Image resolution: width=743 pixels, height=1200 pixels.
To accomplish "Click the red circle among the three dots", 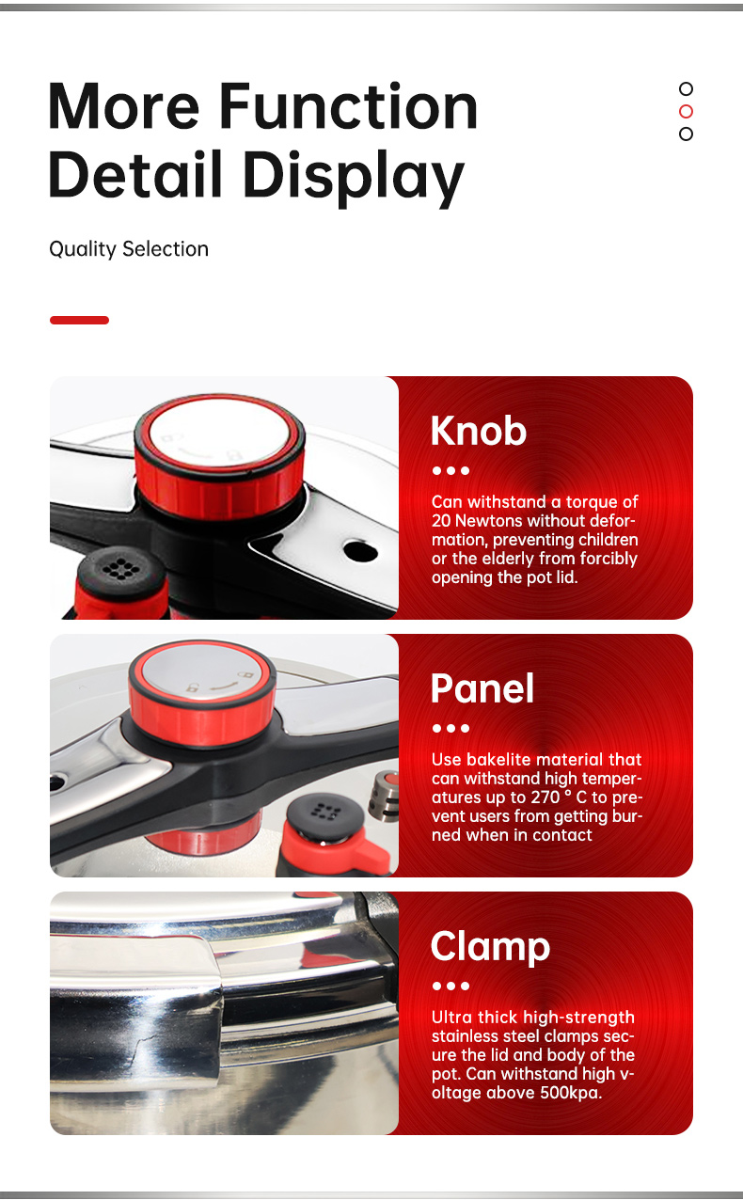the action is pyautogui.click(x=686, y=111).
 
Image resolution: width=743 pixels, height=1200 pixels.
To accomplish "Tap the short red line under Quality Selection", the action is pyautogui.click(x=79, y=321).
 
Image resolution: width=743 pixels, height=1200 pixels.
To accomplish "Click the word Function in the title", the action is pyautogui.click(x=348, y=106).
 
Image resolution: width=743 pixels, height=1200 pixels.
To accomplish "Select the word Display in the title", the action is pyautogui.click(x=354, y=176).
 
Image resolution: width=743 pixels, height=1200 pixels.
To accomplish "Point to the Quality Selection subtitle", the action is pyautogui.click(x=129, y=249).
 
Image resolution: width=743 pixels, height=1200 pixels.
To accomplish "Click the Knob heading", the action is pyautogui.click(x=479, y=431).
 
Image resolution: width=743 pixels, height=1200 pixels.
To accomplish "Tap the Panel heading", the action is pyautogui.click(x=482, y=688).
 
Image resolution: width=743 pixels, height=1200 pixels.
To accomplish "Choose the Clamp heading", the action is pyautogui.click(x=490, y=947).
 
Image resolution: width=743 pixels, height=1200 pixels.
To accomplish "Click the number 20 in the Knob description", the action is pyautogui.click(x=441, y=521).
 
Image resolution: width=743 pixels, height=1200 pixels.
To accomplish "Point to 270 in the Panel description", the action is pyautogui.click(x=545, y=797).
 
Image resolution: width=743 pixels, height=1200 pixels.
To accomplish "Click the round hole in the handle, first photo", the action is pyautogui.click(x=360, y=551).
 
